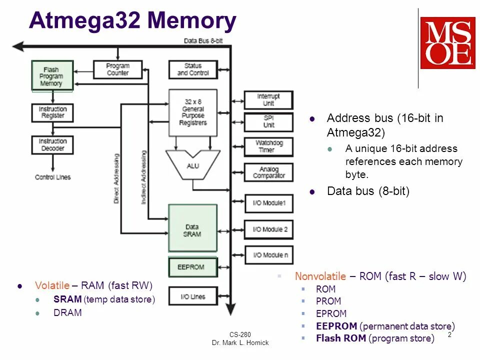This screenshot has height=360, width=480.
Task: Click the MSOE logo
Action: point(447,43)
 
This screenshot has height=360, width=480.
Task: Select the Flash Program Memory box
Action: point(52,76)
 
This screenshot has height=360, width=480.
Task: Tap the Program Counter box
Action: point(118,69)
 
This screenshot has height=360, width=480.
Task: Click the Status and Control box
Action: point(193,69)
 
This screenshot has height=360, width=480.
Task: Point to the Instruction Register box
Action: point(52,112)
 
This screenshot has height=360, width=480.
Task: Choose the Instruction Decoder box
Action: point(52,145)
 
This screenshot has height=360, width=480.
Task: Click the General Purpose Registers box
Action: point(193,112)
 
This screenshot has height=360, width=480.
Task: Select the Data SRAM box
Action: point(193,227)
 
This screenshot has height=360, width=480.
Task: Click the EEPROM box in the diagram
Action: point(193,267)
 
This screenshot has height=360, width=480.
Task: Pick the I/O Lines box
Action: point(193,296)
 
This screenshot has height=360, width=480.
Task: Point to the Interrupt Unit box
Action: point(268,100)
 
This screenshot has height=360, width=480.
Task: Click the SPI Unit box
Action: point(268,122)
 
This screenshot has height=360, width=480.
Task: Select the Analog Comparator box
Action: point(268,172)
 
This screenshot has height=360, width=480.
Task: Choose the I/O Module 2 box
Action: point(268,229)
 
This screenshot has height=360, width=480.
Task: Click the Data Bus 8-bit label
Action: point(203,40)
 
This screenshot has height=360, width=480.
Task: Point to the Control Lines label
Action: point(52,177)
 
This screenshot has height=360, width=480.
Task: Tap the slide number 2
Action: point(449,335)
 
